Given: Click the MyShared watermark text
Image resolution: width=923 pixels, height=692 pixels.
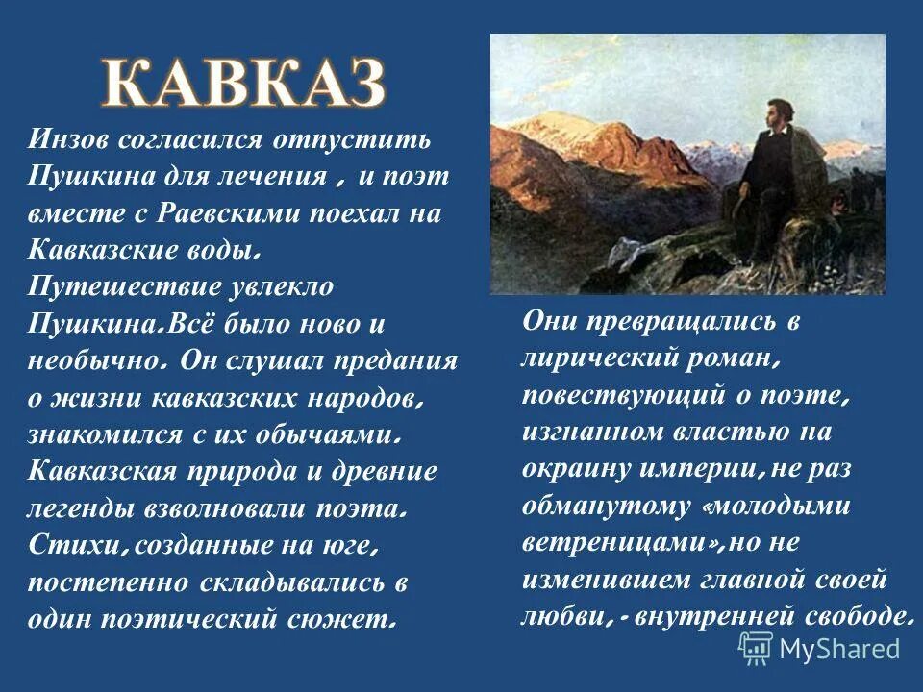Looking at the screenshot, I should (839, 649).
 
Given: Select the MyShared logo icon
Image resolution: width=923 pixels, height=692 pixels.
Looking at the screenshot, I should (755, 648).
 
